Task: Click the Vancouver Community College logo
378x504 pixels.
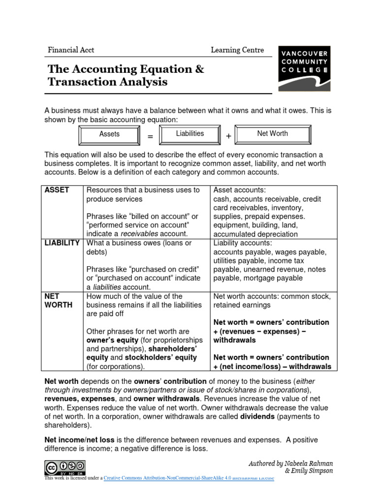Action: (x=304, y=68)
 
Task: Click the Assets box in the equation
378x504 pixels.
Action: (x=109, y=134)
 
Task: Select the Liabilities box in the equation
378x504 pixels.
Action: (x=190, y=134)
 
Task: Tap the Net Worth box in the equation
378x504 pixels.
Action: (x=272, y=133)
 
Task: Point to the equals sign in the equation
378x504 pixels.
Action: (x=150, y=136)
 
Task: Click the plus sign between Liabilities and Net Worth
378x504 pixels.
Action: (x=228, y=136)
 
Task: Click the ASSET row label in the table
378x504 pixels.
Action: (x=57, y=190)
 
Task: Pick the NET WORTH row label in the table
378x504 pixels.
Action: (x=59, y=301)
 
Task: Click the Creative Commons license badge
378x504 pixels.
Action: (x=65, y=467)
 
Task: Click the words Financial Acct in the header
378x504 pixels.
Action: (x=71, y=50)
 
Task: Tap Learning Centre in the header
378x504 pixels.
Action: (x=237, y=50)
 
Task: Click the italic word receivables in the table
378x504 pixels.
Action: (x=143, y=234)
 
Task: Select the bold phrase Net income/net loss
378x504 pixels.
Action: (x=78, y=440)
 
